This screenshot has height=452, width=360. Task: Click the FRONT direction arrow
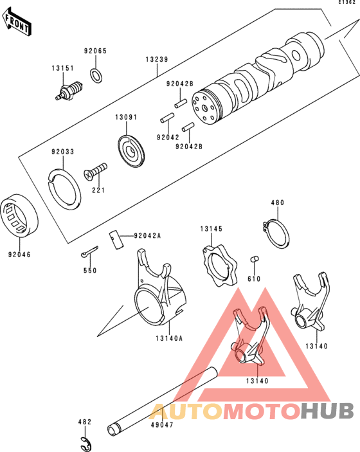coord(17,24)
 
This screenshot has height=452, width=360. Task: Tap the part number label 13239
coord(156,60)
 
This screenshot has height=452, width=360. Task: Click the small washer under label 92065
coord(96,75)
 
